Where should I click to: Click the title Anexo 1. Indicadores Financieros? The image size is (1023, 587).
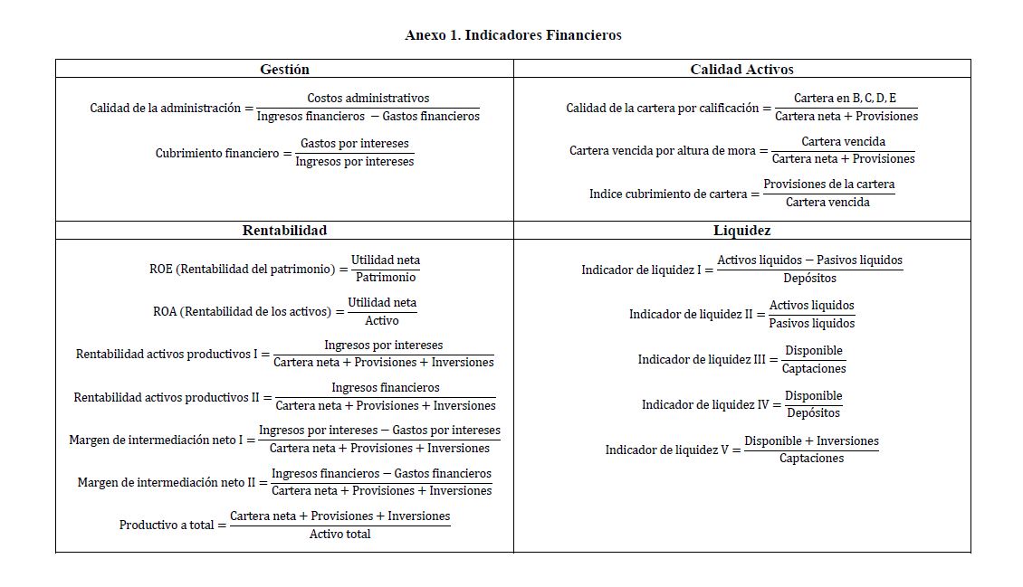[x=512, y=35]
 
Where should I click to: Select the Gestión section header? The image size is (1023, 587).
[x=284, y=69]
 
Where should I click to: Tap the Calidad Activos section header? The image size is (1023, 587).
[x=741, y=69]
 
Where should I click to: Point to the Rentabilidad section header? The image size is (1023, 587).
[x=284, y=231]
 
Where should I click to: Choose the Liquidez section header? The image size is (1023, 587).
[x=741, y=231]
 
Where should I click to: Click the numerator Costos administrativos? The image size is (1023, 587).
[x=368, y=98]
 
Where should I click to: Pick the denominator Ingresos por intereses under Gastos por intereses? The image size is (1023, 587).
[x=354, y=162]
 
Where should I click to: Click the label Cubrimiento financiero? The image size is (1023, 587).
[x=217, y=153]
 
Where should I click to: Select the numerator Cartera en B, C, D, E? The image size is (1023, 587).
[x=845, y=98]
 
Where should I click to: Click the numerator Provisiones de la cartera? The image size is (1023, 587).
[x=828, y=185]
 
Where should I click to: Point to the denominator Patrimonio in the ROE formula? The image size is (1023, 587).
[x=385, y=278]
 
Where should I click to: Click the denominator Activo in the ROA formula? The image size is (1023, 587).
[x=381, y=320]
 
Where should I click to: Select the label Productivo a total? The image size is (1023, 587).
[x=167, y=525]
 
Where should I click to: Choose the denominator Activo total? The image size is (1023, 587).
[x=339, y=535]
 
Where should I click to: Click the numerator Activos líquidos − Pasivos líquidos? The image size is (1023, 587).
[x=809, y=260]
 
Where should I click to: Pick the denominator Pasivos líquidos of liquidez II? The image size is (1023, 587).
[x=811, y=323]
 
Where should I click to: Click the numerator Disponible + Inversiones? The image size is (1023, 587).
[x=811, y=441]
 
